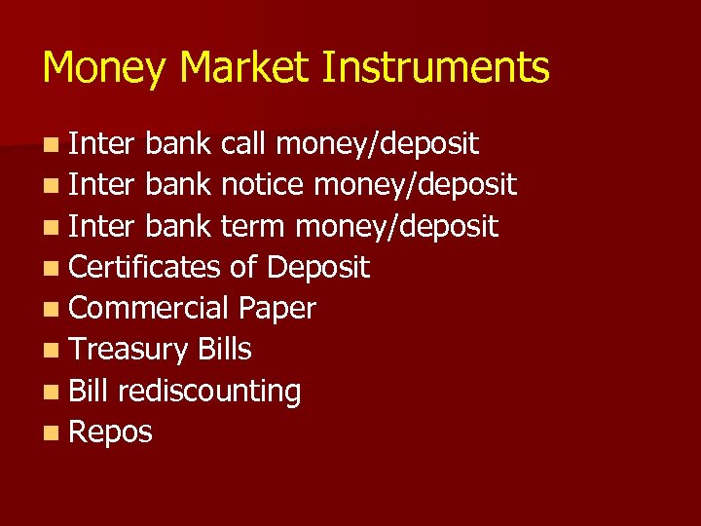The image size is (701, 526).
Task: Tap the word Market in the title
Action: click(243, 68)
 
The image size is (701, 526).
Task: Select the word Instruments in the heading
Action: click(436, 68)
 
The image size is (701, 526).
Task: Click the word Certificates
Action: click(145, 268)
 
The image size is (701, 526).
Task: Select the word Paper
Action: click(277, 309)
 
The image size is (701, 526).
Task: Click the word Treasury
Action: click(129, 350)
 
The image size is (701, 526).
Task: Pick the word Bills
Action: click(224, 350)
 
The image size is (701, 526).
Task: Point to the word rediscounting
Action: click(208, 392)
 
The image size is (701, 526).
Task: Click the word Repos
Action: click(111, 432)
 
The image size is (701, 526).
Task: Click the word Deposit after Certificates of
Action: click(317, 268)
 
